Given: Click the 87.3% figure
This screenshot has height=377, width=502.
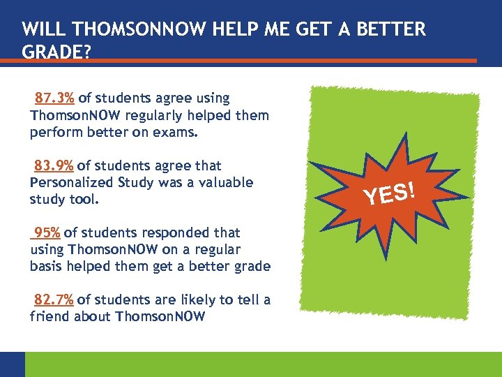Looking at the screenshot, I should tap(54, 98).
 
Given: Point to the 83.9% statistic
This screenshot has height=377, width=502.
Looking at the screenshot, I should tap(54, 165).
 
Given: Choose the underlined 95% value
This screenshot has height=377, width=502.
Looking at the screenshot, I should tap(46, 232).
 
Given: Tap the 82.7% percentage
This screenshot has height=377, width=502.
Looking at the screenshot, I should tap(54, 300).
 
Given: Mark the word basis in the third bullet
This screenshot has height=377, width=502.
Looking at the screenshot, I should tap(46, 266).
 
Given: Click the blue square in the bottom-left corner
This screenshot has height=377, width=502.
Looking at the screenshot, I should tap(12, 364).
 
